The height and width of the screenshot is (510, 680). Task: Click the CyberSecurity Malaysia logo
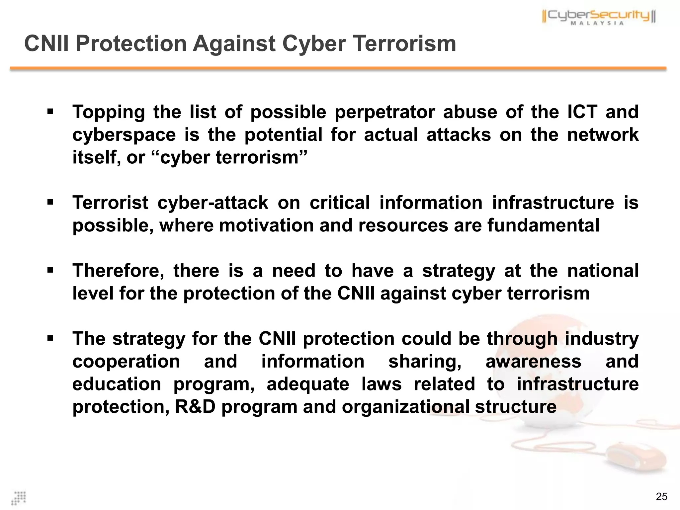[599, 17]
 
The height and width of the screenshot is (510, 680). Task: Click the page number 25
[661, 496]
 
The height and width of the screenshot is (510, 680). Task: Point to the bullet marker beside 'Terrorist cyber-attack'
[50, 202]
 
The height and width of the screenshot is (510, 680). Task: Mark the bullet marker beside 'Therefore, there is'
[50, 270]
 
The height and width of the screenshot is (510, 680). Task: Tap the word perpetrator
[384, 112]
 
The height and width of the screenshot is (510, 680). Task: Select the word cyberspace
[124, 135]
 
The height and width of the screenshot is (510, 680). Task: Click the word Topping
[109, 112]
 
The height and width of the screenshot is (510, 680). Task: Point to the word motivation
[266, 225]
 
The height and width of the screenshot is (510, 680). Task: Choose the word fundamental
[544, 225]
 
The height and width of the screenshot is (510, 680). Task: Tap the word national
[603, 271]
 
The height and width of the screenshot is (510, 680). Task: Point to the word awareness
[533, 361]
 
